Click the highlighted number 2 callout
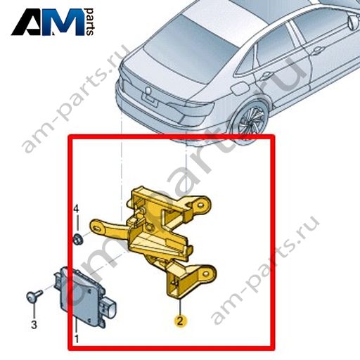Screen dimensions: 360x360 tap(180, 321)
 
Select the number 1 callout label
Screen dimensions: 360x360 tap(77, 339)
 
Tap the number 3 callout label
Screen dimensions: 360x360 tap(34, 325)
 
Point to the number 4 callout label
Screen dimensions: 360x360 tap(77, 209)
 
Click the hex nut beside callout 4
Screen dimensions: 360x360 tap(77, 239)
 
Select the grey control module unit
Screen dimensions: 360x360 tap(85, 297)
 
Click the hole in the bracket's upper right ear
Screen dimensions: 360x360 tap(200, 205)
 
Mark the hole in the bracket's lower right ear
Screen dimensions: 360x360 tap(205, 274)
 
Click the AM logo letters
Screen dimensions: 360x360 tap(48, 22)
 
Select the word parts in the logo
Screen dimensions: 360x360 tap(89, 22)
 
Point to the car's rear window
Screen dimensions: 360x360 tap(189, 48)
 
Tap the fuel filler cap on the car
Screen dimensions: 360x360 tap(240, 89)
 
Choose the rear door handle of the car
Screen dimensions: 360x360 tap(267, 75)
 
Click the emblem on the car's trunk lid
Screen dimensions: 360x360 tap(148, 90)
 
